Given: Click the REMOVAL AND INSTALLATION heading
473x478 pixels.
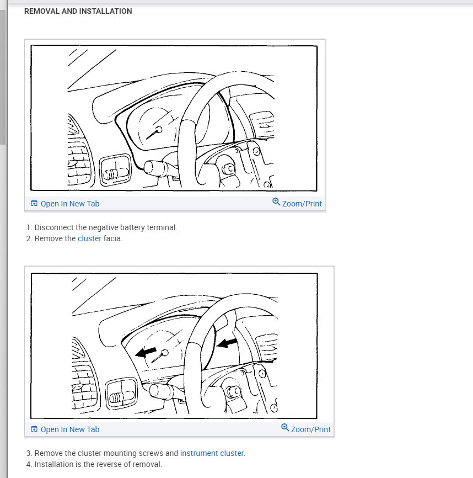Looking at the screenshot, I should pyautogui.click(x=78, y=11).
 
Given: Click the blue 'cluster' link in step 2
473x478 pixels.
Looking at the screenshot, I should pyautogui.click(x=89, y=238).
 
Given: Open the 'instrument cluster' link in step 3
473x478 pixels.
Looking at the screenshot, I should pyautogui.click(x=212, y=453).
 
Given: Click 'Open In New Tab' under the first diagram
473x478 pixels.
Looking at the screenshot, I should pyautogui.click(x=69, y=204).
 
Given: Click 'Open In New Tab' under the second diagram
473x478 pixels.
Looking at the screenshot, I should pyautogui.click(x=69, y=429).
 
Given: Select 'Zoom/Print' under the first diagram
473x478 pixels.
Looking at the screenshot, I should pyautogui.click(x=302, y=204).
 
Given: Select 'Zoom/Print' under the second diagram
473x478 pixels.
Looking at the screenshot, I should pyautogui.click(x=310, y=429).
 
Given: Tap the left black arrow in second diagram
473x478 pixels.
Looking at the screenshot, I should pyautogui.click(x=146, y=353).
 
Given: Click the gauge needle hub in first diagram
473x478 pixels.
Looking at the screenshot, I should pyautogui.click(x=159, y=130).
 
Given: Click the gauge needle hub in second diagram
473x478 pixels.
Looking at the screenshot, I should pyautogui.click(x=164, y=353).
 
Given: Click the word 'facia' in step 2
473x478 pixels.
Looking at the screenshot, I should pyautogui.click(x=113, y=238).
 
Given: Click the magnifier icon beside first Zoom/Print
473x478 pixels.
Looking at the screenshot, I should pyautogui.click(x=276, y=203).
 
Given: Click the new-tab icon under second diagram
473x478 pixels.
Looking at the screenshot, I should pyautogui.click(x=34, y=429).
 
